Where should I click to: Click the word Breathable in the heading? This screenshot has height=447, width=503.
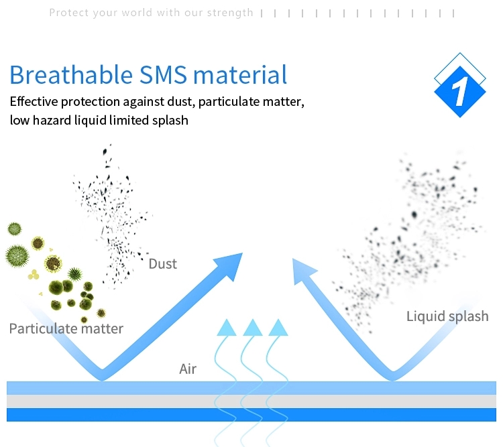[71, 74]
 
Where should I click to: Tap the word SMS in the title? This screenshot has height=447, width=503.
[163, 74]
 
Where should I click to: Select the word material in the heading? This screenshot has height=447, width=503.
[240, 74]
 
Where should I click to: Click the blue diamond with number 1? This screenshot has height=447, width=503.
[459, 91]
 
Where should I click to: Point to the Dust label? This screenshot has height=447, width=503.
[163, 264]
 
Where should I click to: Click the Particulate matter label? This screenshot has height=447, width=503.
[66, 328]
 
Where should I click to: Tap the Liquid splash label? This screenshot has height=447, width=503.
[447, 316]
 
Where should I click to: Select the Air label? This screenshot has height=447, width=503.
[188, 369]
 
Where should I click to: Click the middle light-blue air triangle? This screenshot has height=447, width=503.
[253, 328]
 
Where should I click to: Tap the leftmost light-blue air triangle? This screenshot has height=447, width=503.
[227, 328]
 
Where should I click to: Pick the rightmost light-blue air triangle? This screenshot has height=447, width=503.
[278, 328]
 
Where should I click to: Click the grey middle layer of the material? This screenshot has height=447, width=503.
[251, 401]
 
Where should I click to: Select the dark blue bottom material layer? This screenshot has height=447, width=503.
[251, 415]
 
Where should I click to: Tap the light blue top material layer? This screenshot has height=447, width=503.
[251, 388]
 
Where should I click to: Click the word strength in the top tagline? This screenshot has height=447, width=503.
[230, 13]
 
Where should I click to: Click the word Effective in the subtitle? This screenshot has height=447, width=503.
[34, 102]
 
